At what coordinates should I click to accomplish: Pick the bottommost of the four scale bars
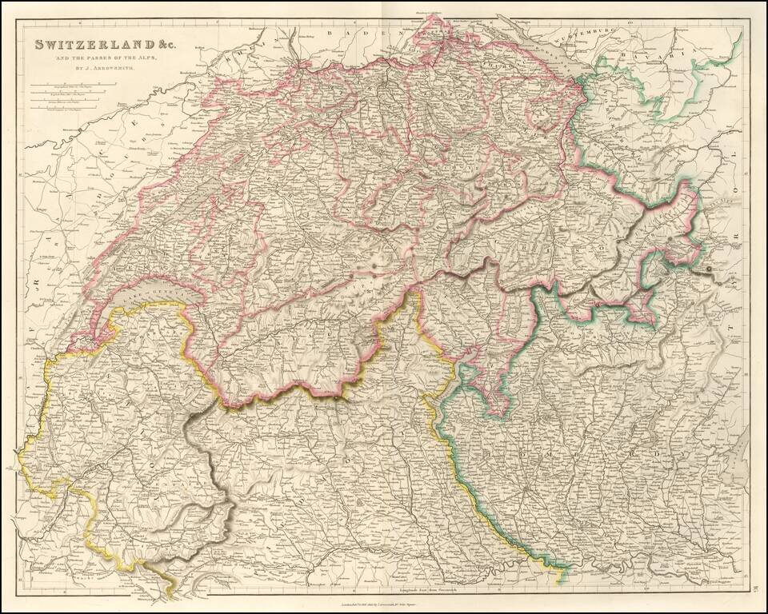(x=68, y=106)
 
